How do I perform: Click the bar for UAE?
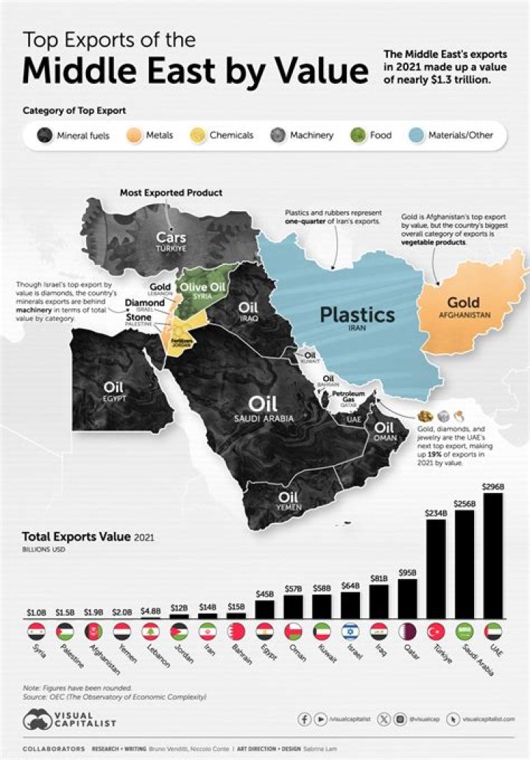pyautogui.click(x=494, y=555)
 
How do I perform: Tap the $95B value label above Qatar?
pyautogui.click(x=408, y=571)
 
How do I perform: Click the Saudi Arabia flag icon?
pyautogui.click(x=465, y=631)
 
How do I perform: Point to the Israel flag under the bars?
pyautogui.click(x=350, y=631)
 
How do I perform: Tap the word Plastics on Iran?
pyautogui.click(x=357, y=315)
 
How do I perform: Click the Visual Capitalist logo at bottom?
pyautogui.click(x=70, y=719)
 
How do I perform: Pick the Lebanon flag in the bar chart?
pyautogui.click(x=151, y=631)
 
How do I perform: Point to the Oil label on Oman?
pyautogui.click(x=385, y=427)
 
